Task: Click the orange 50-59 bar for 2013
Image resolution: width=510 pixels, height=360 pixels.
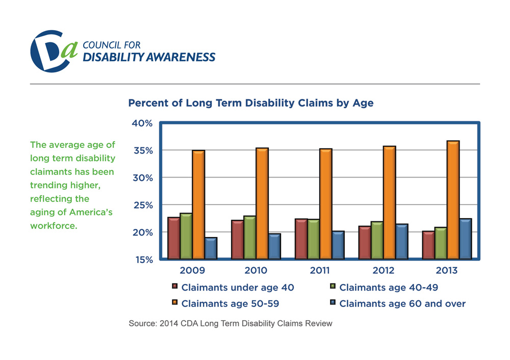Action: [453, 200]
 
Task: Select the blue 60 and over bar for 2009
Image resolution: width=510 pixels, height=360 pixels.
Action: [211, 248]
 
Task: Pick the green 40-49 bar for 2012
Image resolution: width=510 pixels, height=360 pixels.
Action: [377, 240]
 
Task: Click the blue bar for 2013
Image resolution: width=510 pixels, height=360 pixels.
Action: [465, 239]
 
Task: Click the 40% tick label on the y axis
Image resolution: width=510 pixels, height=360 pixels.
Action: [143, 123]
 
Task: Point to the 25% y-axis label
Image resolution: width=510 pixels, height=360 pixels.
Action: [143, 205]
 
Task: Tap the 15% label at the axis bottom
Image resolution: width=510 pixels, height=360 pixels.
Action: [143, 260]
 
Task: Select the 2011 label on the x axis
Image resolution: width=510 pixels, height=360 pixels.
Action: [320, 270]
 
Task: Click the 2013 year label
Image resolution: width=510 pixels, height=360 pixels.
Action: [447, 270]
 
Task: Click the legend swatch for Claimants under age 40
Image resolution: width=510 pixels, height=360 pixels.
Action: [174, 287]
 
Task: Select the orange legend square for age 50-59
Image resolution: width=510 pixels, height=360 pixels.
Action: [174, 303]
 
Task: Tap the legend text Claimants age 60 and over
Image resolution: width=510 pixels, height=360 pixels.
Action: [402, 303]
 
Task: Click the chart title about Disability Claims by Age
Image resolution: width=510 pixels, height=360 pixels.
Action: [250, 103]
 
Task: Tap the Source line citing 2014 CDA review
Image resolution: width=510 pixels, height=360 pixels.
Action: [231, 323]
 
